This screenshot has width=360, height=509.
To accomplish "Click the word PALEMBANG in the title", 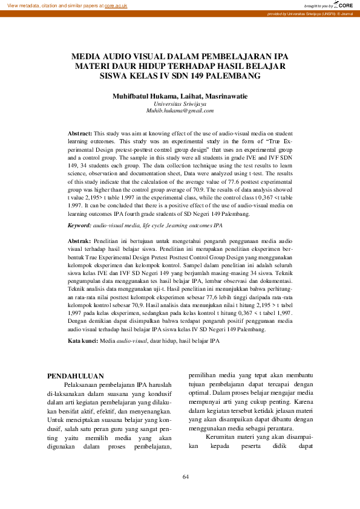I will [x=235, y=76].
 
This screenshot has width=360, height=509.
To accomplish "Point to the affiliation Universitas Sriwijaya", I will [x=180, y=103].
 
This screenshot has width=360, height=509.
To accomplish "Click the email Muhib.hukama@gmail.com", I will [x=180, y=111].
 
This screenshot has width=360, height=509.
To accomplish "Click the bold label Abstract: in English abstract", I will [x=80, y=132].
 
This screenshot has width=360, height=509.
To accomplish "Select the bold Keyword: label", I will [x=79, y=225].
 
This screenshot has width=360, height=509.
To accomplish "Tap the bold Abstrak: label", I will [x=79, y=241].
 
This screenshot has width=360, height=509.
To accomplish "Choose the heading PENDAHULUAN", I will [x=76, y=375].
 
